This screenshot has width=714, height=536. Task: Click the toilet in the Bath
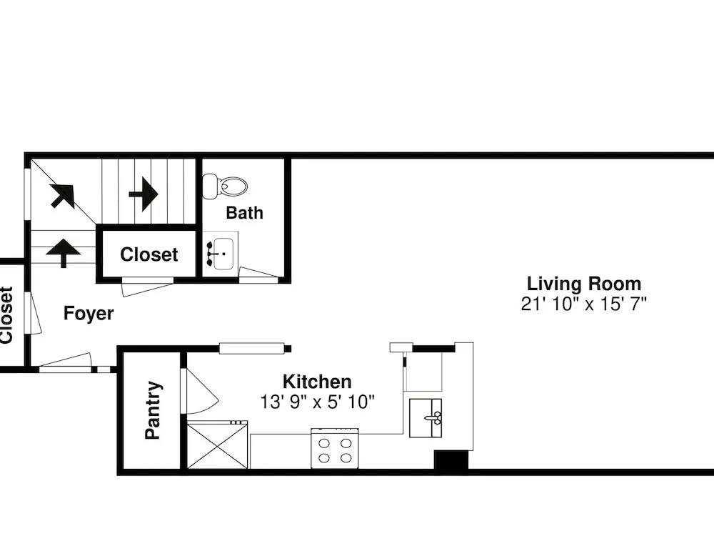click(225, 186)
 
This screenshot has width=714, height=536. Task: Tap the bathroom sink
click(220, 254)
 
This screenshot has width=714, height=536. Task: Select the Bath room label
click(244, 213)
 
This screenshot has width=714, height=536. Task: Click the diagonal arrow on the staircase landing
click(62, 196)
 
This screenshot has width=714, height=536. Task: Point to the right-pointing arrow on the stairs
click(144, 194)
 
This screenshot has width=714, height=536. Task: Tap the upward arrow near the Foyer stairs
click(64, 253)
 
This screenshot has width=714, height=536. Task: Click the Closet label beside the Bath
click(149, 254)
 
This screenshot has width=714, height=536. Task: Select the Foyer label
click(89, 313)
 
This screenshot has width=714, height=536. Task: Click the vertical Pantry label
click(153, 410)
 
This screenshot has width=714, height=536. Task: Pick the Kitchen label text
click(317, 382)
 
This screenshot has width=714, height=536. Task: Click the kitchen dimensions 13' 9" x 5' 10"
click(317, 402)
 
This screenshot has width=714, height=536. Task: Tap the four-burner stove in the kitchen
click(335, 449)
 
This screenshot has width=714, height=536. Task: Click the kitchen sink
click(426, 418)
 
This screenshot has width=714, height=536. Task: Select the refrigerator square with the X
click(218, 445)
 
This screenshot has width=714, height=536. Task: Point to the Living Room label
click(584, 284)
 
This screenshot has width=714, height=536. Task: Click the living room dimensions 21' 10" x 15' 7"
click(584, 304)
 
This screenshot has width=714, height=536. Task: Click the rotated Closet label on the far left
click(6, 314)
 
